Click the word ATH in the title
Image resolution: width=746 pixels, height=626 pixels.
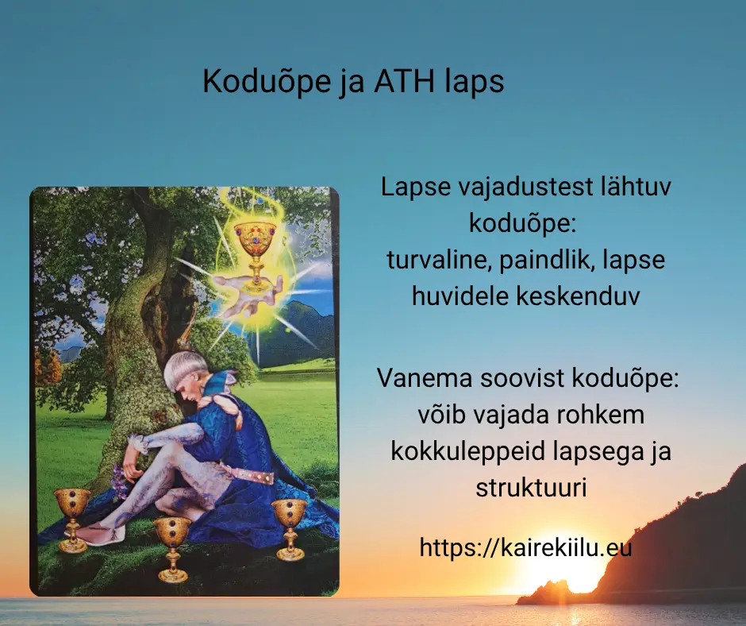pos(404,81)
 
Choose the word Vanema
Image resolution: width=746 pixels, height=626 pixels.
pos(425,378)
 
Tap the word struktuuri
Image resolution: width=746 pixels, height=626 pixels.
pos(531,487)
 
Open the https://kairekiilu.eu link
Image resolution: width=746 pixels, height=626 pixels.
pos(525,547)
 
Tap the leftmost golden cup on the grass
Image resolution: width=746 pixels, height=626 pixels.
pos(72,520)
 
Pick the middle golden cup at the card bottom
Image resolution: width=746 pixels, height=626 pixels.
pos(172,549)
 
